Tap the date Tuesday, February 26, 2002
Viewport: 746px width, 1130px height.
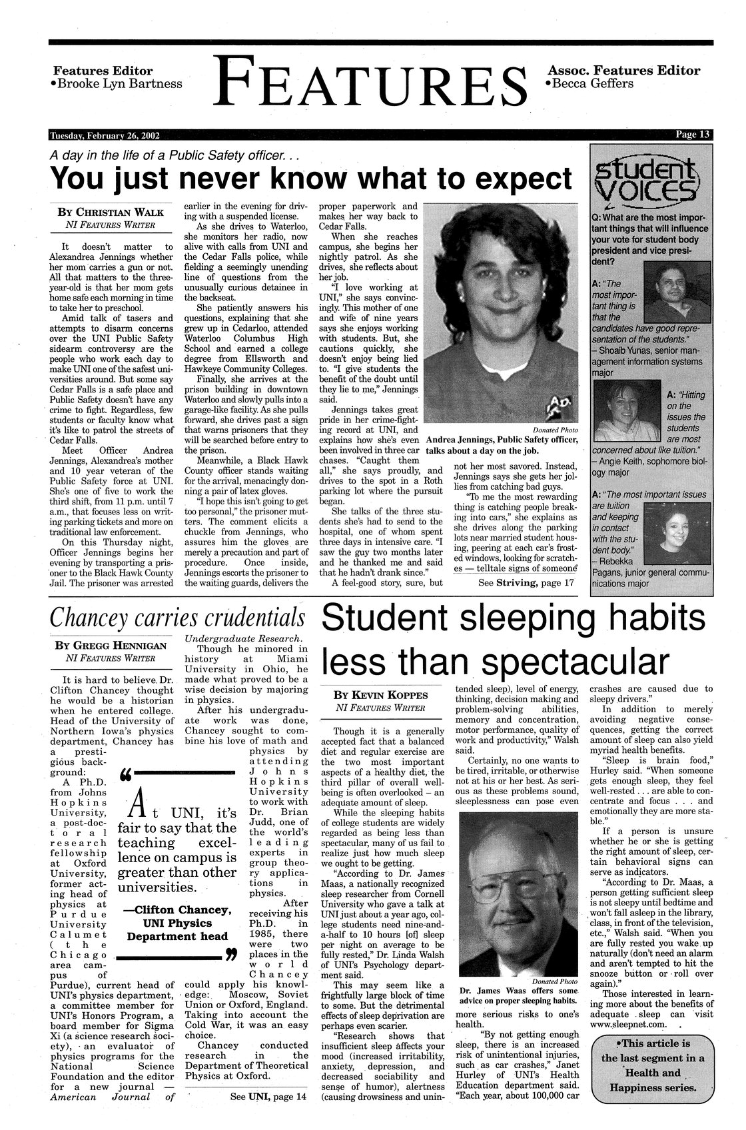tap(104, 135)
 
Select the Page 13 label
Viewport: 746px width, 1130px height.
tap(693, 135)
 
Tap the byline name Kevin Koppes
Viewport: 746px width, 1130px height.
tap(386, 695)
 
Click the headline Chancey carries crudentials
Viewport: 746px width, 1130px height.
tap(178, 618)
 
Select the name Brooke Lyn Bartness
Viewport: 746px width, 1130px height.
tap(120, 84)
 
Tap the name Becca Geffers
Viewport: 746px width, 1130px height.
tap(592, 84)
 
